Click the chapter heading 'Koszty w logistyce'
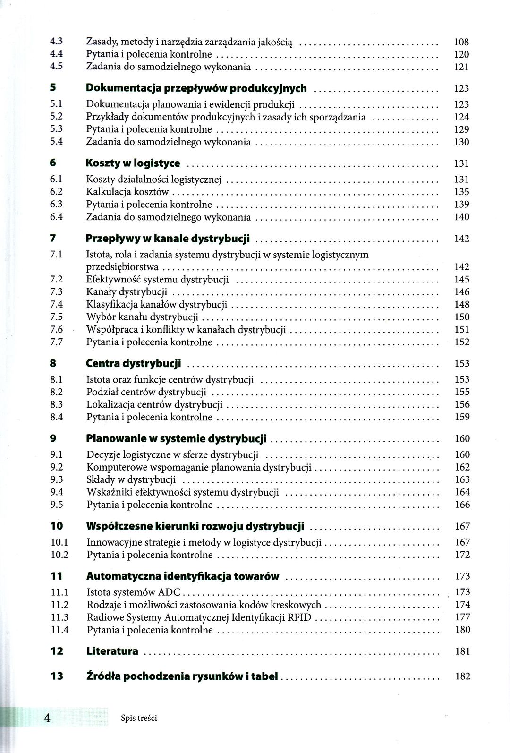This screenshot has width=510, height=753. coord(133,163)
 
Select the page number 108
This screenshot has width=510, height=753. coord(461,42)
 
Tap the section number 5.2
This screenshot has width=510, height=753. coord(57,117)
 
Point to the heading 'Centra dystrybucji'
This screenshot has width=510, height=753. coord(134,364)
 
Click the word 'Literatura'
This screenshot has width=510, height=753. coord(112,651)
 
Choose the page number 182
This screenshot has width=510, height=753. coord(462,676)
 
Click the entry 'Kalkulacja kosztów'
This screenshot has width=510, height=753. coord(127,192)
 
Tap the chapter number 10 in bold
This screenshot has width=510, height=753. coord(57,526)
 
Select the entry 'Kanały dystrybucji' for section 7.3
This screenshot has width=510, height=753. coord(127,292)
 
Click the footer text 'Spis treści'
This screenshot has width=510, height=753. coord(139,718)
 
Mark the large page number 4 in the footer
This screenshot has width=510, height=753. coord(47,718)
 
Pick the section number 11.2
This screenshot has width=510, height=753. coord(59,605)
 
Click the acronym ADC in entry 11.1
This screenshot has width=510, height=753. coord(171,592)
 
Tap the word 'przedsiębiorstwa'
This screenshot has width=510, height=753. coord(122,267)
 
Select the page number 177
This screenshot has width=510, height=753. coord(462,617)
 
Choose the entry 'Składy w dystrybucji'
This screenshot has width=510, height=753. coord(131,480)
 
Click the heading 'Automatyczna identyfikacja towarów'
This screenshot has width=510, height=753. coord(183,576)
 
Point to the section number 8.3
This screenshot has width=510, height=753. coord(57,404)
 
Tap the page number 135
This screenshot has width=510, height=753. coord(461,192)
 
